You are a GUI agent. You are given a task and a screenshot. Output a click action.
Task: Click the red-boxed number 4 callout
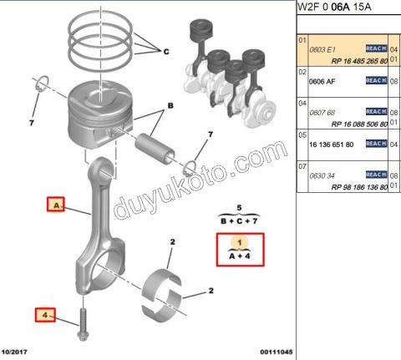43,315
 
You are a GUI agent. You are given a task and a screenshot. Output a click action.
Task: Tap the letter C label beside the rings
165,51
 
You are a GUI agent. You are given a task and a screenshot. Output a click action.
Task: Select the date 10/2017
18,353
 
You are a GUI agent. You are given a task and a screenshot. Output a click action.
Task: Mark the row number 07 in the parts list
302,167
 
